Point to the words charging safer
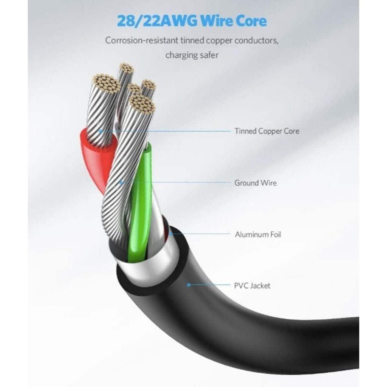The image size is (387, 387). pyautogui.click(x=192, y=55)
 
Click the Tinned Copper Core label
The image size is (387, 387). pyautogui.click(x=266, y=131)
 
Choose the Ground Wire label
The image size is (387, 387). pyautogui.click(x=255, y=183)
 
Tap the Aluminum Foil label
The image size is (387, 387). pyautogui.click(x=258, y=234)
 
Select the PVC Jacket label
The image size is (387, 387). pyautogui.click(x=252, y=286)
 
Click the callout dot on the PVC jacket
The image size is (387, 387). pyautogui.click(x=189, y=285)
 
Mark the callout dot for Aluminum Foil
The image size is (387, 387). pyautogui.click(x=171, y=234)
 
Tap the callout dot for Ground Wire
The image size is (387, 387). pyautogui.click(x=121, y=183)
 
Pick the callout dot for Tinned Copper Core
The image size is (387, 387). pyautogui.click(x=101, y=131)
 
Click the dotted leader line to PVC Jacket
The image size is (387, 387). pyautogui.click(x=210, y=285)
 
